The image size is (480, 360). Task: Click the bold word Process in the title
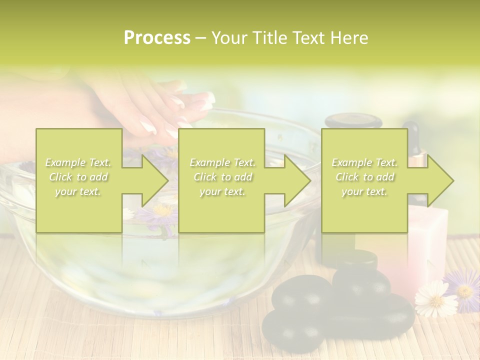click(157, 38)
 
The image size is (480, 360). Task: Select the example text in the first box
click(78, 177)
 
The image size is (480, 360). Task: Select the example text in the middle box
click(222, 177)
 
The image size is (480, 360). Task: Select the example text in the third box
click(364, 177)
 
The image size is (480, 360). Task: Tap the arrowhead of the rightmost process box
click(440, 180)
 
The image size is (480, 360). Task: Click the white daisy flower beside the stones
click(435, 298)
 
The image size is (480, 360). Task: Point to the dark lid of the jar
click(353, 120)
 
